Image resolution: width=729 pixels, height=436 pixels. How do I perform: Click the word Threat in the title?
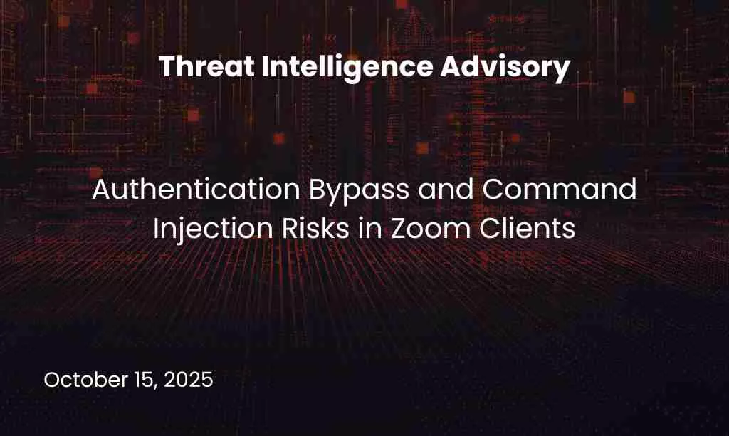(x=206, y=66)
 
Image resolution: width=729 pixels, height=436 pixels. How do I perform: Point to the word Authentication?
(x=196, y=190)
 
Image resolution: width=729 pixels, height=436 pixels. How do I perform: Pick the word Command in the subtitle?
(x=560, y=190)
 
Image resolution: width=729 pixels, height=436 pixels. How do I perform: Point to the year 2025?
(x=188, y=380)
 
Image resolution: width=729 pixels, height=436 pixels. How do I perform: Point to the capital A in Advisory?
(x=450, y=66)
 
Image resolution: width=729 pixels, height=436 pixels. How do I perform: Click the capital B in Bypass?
(x=317, y=190)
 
